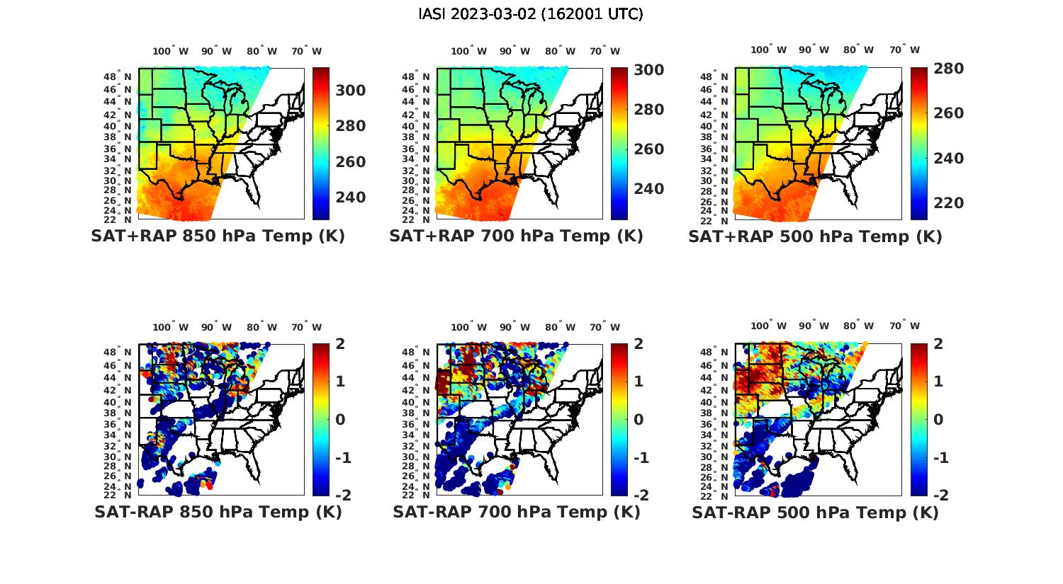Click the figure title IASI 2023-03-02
531,14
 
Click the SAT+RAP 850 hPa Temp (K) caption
218,236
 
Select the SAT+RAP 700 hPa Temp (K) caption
516,236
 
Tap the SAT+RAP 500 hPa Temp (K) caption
815,236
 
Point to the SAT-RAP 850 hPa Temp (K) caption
218,512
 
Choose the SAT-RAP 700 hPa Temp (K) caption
516,512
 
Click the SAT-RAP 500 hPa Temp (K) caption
815,512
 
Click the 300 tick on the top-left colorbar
351,91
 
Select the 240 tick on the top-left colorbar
351,197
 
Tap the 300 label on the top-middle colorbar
649,70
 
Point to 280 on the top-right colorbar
949,69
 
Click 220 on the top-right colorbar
949,203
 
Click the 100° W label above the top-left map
171,51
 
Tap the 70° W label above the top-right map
904,50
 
